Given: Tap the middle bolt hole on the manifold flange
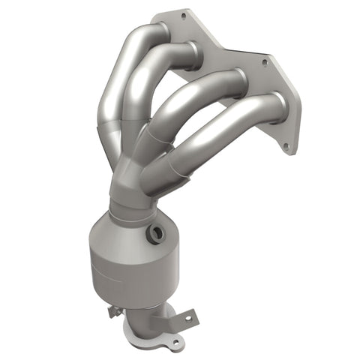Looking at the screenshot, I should coord(263,64).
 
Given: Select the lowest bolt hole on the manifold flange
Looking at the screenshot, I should coord(286,147).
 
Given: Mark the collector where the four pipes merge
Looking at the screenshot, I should coord(139,172).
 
